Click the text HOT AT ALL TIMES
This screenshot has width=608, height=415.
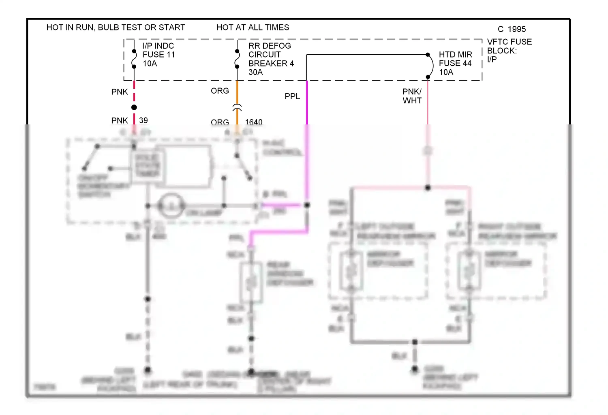pos(253,28)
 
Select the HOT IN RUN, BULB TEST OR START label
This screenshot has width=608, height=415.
pos(116,28)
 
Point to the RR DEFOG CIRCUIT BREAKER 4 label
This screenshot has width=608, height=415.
pos(271,55)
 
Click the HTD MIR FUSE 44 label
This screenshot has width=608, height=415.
pos(455,59)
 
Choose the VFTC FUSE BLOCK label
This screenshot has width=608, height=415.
pos(509,46)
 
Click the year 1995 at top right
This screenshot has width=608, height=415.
pos(516,29)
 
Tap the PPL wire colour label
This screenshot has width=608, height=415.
pos(292,96)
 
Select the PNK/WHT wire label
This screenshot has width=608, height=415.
pos(412,96)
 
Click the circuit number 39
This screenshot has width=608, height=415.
pos(143,120)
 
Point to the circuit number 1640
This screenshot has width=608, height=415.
pos(254,122)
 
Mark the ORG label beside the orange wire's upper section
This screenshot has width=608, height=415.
pos(220,91)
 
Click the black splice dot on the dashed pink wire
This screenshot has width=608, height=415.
pos(134,107)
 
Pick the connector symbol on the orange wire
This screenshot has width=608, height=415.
pos(237,107)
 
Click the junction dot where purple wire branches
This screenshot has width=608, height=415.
pos(307,205)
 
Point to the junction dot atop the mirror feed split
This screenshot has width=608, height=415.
pos(428,188)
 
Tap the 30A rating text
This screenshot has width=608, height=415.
pos(255,72)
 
